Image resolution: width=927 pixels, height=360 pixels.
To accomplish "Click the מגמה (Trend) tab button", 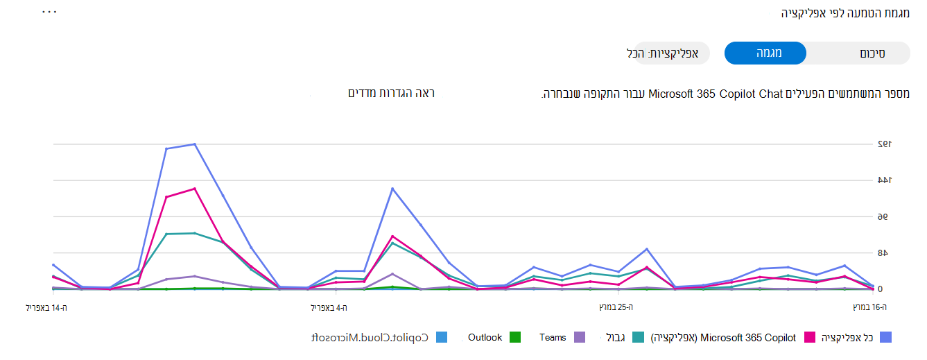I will [765, 53].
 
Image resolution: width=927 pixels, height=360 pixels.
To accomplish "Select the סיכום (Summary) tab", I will [872, 53].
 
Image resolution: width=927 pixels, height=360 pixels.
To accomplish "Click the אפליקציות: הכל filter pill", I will [667, 53].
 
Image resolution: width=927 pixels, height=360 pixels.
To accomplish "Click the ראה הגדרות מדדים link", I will [391, 93].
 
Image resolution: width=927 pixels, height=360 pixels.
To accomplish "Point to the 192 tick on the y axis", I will [883, 144].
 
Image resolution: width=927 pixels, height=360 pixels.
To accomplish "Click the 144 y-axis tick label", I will [883, 180].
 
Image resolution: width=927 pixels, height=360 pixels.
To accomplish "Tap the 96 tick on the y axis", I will [883, 217].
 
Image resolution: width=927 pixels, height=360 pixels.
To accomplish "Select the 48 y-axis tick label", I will [883, 253].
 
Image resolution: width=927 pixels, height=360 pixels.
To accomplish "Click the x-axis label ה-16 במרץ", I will [870, 307].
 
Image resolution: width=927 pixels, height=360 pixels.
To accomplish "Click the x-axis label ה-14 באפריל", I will [47, 307].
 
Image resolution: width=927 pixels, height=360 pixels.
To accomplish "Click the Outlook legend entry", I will [485, 338].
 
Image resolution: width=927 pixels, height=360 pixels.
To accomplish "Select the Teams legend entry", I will [553, 338].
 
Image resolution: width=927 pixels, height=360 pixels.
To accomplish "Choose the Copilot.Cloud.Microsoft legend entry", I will [369, 338].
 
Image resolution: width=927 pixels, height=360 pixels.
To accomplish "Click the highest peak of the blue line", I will [195, 144].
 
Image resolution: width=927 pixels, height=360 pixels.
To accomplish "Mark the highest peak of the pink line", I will [195, 189].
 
